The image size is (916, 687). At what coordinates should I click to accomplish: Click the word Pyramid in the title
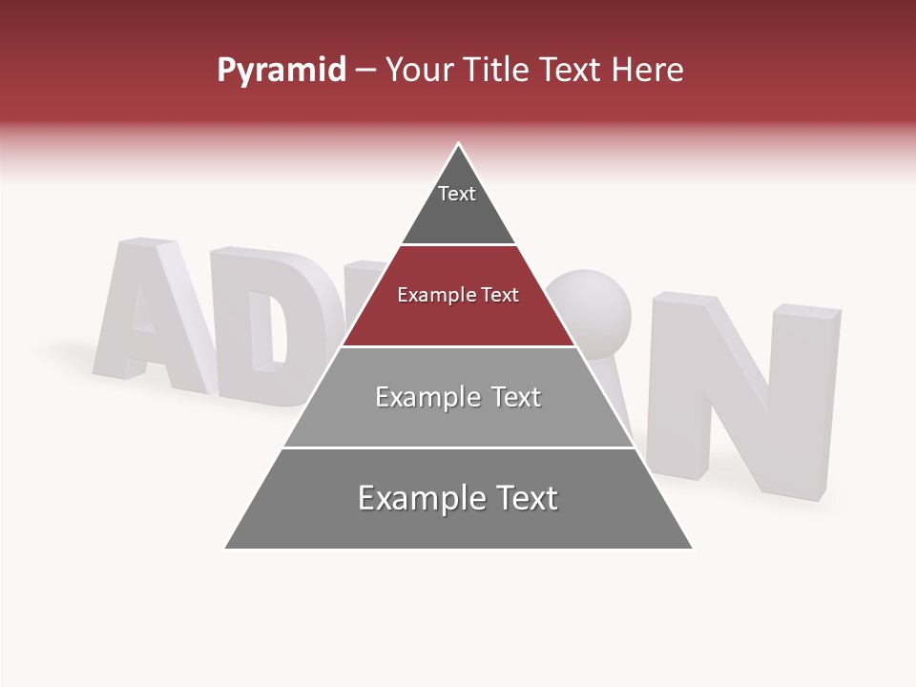click(x=281, y=71)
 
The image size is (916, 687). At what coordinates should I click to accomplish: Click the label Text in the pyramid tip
click(x=457, y=194)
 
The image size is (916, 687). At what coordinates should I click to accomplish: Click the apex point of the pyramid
click(x=459, y=145)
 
